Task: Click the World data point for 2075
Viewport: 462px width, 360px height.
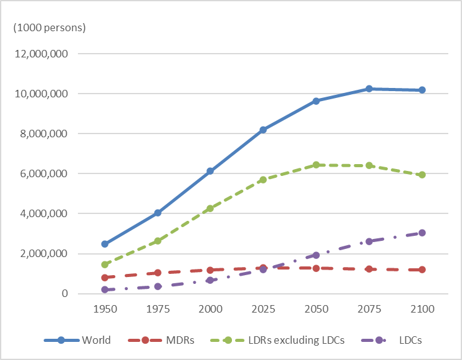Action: [x=369, y=89]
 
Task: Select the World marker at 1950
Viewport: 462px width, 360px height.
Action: [x=105, y=244]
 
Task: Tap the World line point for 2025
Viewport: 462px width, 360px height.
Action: [x=263, y=130]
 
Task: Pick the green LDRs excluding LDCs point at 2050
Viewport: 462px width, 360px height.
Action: [x=316, y=165]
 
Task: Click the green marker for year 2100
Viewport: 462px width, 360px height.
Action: [x=422, y=175]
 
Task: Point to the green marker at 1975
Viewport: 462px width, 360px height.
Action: [x=158, y=241]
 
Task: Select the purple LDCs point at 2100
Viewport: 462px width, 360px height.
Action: [x=422, y=233]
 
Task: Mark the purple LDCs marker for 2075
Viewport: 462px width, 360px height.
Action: [x=369, y=241]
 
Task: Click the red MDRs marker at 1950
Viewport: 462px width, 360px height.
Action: [x=105, y=278]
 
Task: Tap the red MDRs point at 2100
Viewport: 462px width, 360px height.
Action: [x=422, y=270]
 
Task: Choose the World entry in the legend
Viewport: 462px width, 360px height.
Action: [x=96, y=340]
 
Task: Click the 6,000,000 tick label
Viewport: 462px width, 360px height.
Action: [x=46, y=173]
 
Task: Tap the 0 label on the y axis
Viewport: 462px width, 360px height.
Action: [x=64, y=294]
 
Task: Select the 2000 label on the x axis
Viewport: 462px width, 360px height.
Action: [x=211, y=309]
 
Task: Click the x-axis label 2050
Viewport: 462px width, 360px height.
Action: [x=316, y=309]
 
